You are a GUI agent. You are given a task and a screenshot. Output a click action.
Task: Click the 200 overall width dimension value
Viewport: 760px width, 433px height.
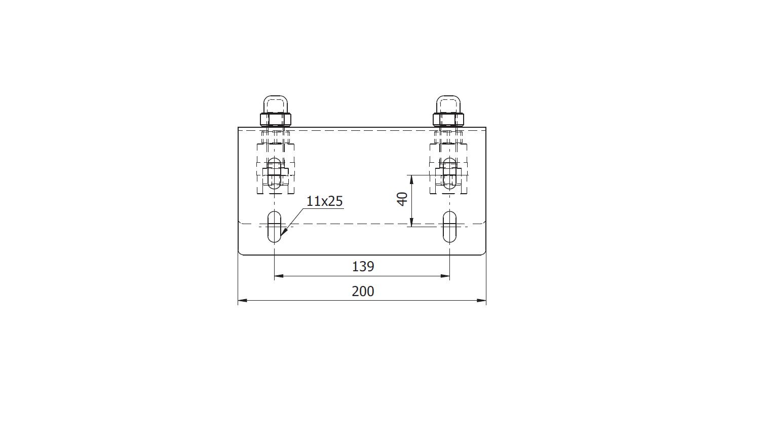pyautogui.click(x=363, y=292)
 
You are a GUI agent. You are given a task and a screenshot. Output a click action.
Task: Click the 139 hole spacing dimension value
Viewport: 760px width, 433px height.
pyautogui.click(x=363, y=267)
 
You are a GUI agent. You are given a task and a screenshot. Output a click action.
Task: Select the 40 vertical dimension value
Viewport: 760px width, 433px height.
pyautogui.click(x=402, y=199)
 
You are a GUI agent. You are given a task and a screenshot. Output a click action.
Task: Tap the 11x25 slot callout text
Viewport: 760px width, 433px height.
pyautogui.click(x=325, y=201)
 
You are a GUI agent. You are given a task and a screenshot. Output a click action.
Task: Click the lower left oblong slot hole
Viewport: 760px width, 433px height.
pyautogui.click(x=274, y=227)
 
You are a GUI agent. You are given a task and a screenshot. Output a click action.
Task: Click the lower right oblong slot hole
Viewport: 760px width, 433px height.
pyautogui.click(x=449, y=227)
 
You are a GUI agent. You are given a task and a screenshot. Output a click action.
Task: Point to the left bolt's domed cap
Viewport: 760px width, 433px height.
pyautogui.click(x=276, y=104)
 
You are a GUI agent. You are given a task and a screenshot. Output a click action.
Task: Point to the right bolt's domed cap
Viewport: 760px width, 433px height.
pyautogui.click(x=448, y=104)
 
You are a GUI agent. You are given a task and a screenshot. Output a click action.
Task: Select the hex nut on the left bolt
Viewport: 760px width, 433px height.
pyautogui.click(x=276, y=119)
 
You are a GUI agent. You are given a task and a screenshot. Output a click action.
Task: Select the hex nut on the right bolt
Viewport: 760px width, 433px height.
pyautogui.click(x=448, y=119)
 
